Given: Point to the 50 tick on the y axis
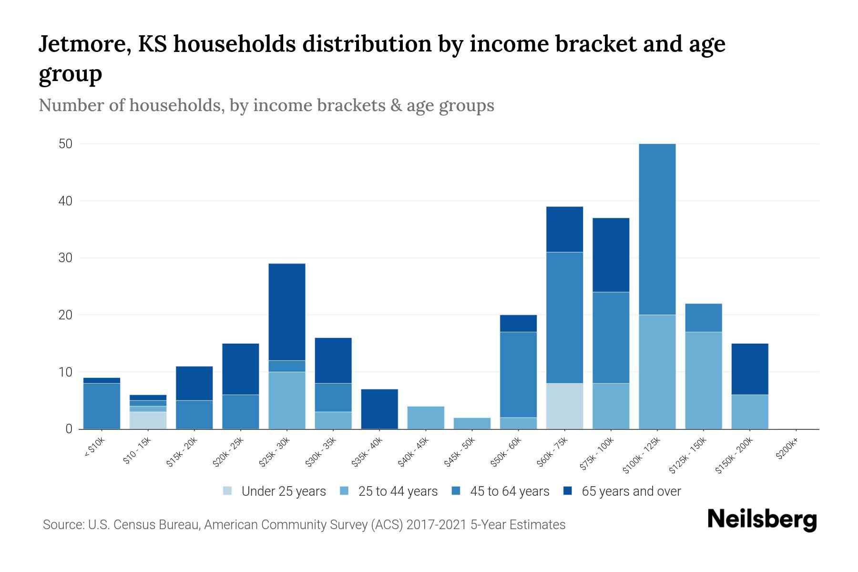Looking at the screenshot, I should [x=65, y=144].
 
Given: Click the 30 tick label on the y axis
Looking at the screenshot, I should [x=65, y=258].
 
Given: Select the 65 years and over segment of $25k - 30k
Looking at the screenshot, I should [x=287, y=312].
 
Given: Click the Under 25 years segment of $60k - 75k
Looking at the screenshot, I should [x=564, y=406].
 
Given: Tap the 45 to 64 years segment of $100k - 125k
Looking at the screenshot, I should [x=657, y=229].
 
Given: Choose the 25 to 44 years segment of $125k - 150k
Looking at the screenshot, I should [x=704, y=380].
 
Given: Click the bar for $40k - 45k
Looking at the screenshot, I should [x=426, y=418].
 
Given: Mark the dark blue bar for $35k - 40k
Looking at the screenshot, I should [x=379, y=409].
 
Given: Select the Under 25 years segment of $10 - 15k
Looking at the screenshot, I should [x=148, y=420].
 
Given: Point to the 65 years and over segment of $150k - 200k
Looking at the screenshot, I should [x=750, y=369].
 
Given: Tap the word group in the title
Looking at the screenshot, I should [x=70, y=74].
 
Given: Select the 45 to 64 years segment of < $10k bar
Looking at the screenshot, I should [x=102, y=406].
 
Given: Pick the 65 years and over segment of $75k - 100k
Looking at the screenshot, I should [x=611, y=255].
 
